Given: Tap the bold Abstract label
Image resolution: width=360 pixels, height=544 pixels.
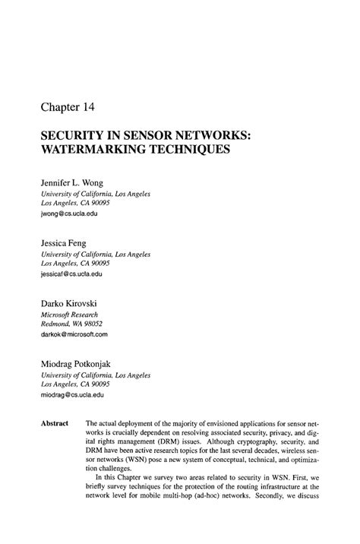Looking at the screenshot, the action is coord(55,423).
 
